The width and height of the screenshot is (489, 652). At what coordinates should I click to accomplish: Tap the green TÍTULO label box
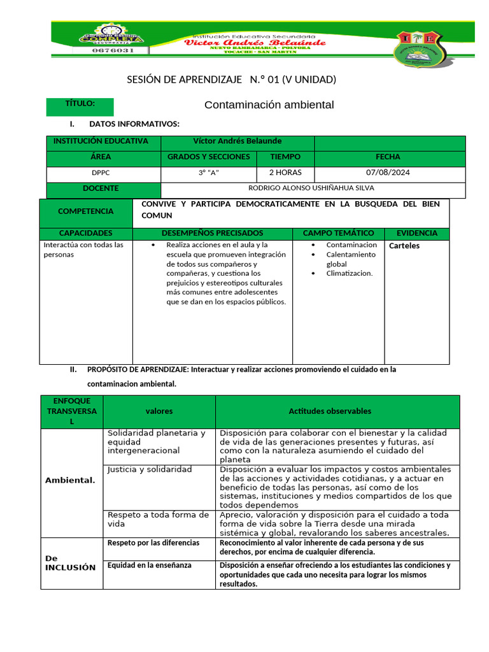coord(80,106)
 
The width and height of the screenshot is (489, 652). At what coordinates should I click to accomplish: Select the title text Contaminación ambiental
coord(269,105)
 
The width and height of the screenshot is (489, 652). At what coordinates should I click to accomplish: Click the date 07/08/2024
coord(388,173)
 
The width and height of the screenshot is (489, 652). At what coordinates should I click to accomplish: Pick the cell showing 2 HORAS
coord(285,173)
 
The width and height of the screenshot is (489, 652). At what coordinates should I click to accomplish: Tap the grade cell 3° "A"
coord(209,173)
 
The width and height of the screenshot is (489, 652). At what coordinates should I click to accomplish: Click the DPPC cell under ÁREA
coord(104,173)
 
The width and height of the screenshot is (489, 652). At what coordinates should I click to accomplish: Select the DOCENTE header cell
coord(104,189)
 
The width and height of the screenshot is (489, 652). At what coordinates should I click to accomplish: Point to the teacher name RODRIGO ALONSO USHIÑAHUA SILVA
coord(311,188)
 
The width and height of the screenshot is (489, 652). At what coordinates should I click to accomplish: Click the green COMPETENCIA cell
coord(86,211)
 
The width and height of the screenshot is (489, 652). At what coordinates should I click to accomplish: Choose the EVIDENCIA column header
coord(416,234)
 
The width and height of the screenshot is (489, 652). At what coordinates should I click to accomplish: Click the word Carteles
coord(404,246)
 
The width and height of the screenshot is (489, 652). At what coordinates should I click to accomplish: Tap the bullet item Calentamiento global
coord(350,259)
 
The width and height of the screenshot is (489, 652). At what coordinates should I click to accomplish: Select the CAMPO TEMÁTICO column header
coord(338,234)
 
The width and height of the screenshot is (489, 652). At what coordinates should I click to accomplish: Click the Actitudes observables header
coord(330,411)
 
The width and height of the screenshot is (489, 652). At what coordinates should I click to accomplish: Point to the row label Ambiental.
coord(70,480)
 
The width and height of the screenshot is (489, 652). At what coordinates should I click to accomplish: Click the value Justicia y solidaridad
coord(150,469)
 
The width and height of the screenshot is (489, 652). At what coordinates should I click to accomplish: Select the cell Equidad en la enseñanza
coord(150,565)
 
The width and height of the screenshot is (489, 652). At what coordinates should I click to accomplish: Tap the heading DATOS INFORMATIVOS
coord(134,124)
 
